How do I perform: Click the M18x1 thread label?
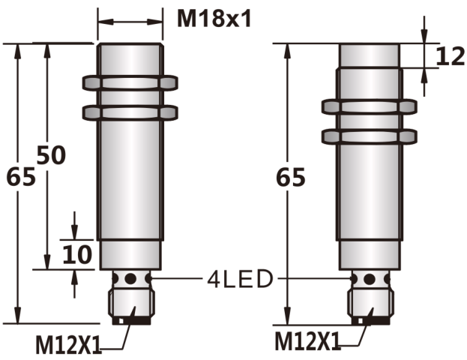[214, 19]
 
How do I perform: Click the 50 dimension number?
[51, 155]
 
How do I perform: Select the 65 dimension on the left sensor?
[21, 177]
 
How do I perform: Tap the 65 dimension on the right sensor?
[291, 177]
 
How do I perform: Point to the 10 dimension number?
[77, 254]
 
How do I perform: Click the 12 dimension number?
[450, 56]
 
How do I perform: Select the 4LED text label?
[240, 279]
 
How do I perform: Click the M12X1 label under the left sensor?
[68, 345]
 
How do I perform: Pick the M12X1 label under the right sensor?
[307, 341]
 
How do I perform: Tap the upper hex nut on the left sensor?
[130, 83]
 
